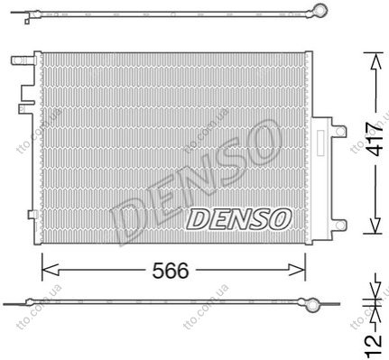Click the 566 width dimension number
pos(171,271)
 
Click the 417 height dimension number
pos(376,138)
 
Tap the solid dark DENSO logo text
pos(239,219)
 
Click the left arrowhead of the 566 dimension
pos(50,270)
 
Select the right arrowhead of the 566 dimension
pos(297,270)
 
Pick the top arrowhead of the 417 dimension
pos(375,62)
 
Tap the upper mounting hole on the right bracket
pos(339,132)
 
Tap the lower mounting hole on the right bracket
pos(340,225)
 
